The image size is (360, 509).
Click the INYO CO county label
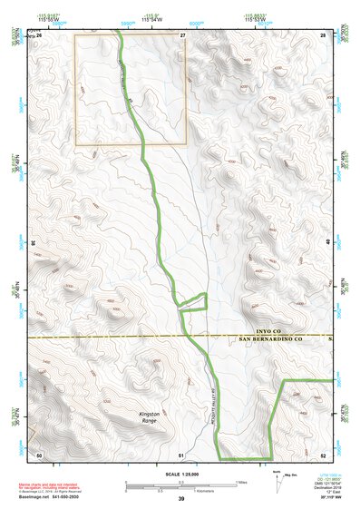coord(271,333)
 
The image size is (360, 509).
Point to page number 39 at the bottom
coord(181,500)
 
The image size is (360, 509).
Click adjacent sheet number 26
coord(39,34)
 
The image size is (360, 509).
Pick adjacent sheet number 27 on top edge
coord(182,34)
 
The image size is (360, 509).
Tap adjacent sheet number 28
coord(322,34)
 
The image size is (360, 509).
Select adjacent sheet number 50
coord(39,454)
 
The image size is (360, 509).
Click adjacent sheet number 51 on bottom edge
coord(181,454)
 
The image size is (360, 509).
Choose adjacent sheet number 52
coord(323,454)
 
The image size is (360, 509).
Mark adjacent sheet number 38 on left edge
coord(34,243)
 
